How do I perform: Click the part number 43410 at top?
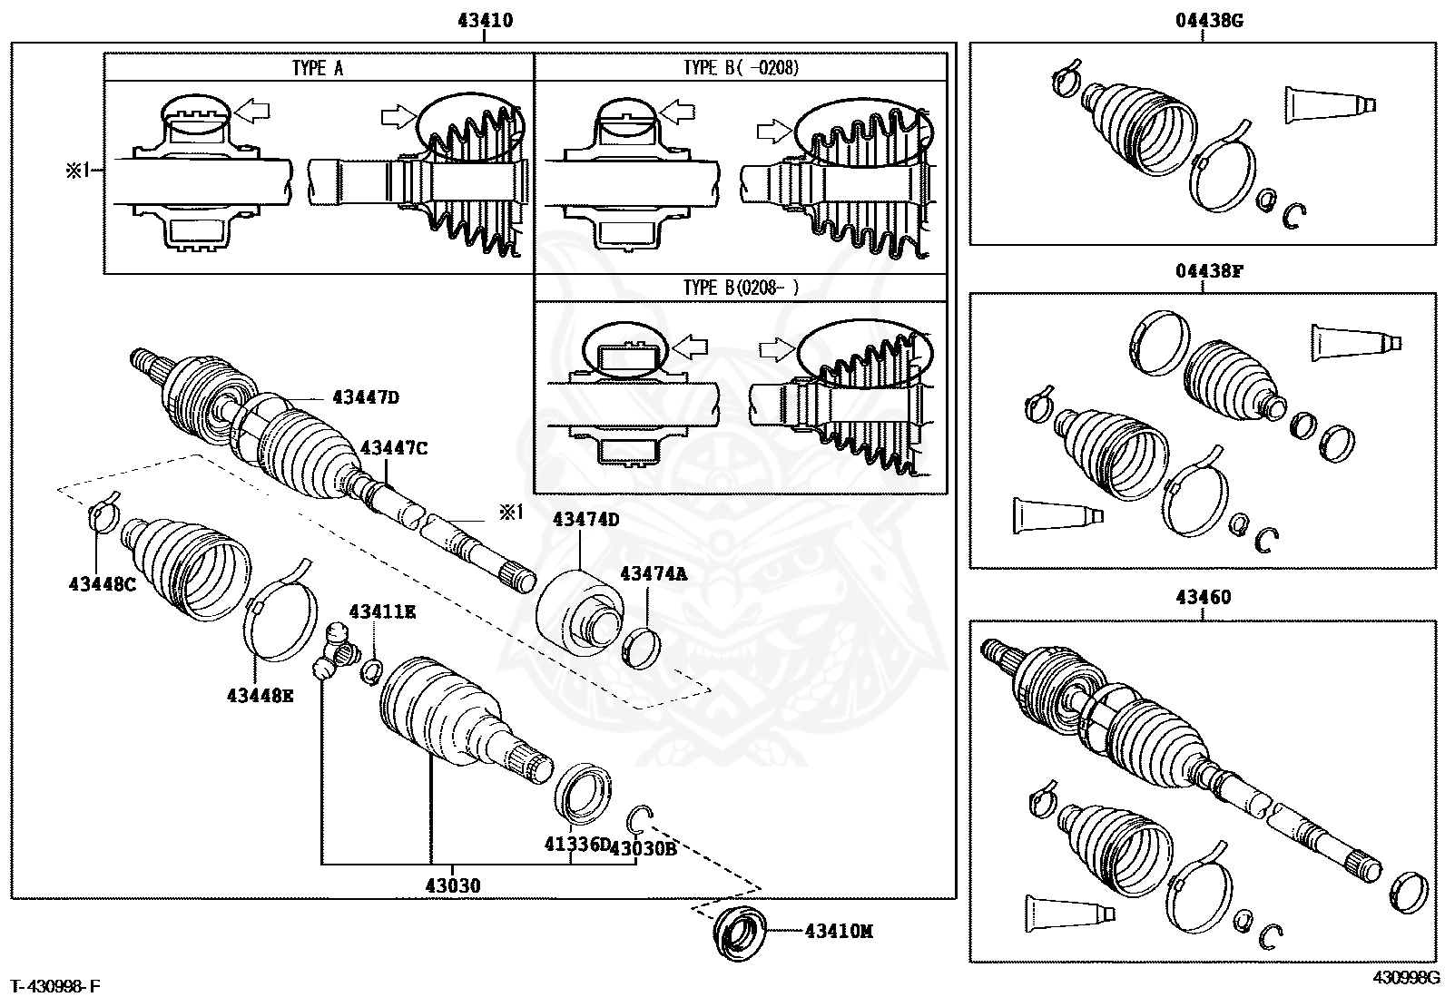(487, 21)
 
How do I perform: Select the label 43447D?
(366, 396)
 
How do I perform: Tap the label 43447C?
(393, 447)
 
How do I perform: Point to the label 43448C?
(102, 584)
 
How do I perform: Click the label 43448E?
(260, 695)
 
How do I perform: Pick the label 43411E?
(382, 612)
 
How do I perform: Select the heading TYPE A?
(318, 68)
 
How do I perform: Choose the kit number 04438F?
(1204, 271)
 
